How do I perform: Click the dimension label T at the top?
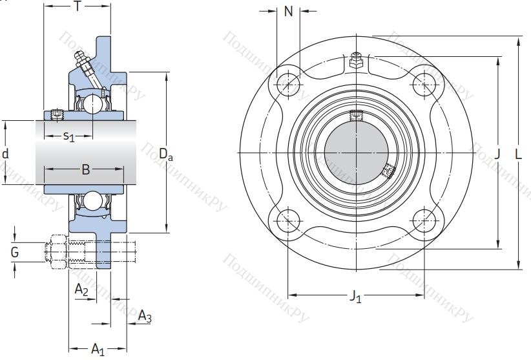[78, 7]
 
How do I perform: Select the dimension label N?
[288, 11]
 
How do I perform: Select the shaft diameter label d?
[6, 154]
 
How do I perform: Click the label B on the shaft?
[85, 169]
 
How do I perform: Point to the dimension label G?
[14, 251]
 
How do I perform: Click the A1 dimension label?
[98, 350]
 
